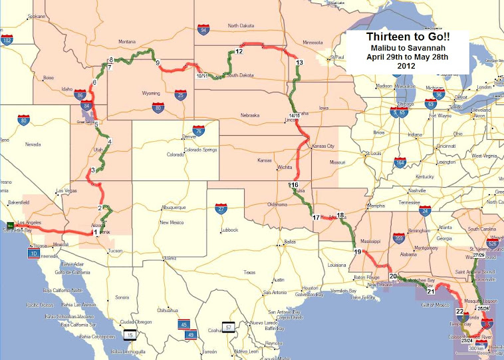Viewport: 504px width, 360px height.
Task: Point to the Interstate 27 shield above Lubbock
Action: point(221,209)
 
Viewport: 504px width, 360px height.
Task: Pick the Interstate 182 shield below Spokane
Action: point(7,41)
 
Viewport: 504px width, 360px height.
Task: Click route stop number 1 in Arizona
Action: point(95,233)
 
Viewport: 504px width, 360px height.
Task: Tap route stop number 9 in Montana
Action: point(158,63)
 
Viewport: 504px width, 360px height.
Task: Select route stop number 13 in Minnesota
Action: point(299,62)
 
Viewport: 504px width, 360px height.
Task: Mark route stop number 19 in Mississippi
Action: point(358,252)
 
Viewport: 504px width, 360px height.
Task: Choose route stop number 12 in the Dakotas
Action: point(239,51)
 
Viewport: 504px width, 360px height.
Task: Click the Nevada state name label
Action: point(33,144)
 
